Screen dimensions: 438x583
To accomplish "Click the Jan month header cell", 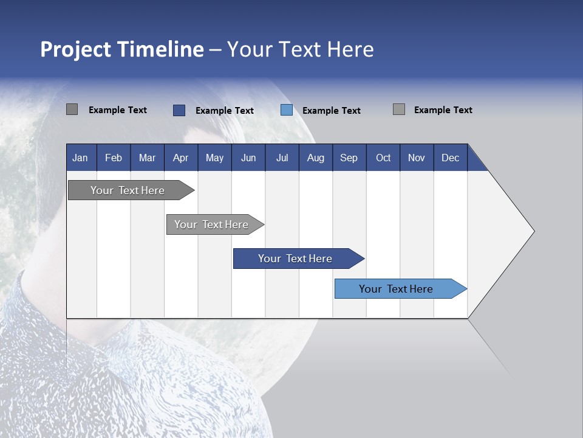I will [x=80, y=158].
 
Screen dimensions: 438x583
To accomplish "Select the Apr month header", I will [x=180, y=158].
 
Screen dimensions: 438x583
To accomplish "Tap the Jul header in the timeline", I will [x=282, y=158].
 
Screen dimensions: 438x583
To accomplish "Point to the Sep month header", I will [x=349, y=158].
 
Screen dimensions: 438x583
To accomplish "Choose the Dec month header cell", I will [x=450, y=158].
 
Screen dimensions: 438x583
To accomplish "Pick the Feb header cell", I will [x=114, y=158].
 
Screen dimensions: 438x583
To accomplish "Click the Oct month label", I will [x=383, y=158].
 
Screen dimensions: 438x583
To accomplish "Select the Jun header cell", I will [x=248, y=158].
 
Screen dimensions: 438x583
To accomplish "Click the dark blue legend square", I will [x=179, y=110].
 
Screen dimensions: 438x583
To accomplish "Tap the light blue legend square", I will [x=287, y=110].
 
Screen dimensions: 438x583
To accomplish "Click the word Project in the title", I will [x=76, y=49].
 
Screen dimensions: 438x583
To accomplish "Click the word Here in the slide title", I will [x=350, y=49].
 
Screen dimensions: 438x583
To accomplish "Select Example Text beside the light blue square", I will [x=331, y=111].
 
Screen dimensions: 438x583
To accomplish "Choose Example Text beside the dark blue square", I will [x=224, y=111].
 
